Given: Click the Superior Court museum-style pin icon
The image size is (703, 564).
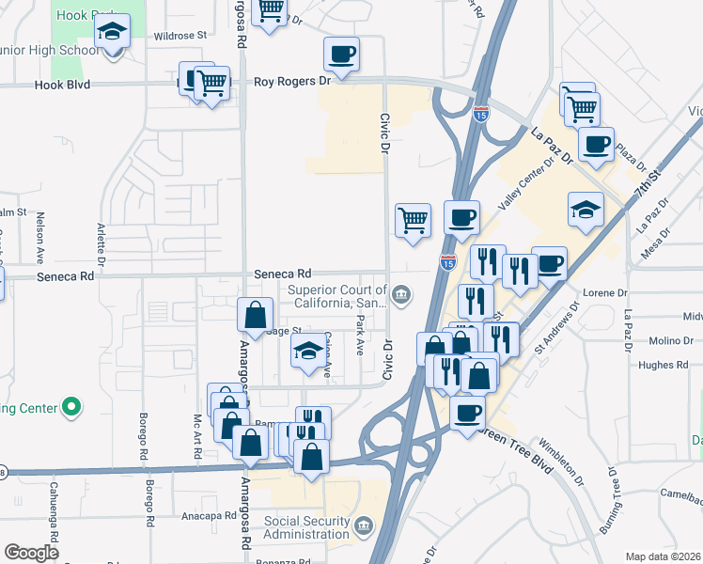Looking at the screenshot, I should [x=401, y=296].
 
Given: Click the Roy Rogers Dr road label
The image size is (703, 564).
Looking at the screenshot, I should [x=293, y=82].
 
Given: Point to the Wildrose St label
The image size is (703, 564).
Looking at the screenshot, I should [x=180, y=35].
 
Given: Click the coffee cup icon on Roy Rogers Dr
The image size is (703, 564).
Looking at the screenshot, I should [x=341, y=54].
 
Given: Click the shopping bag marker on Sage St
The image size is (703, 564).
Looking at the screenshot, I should [x=256, y=316].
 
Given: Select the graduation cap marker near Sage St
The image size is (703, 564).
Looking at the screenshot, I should [x=307, y=354].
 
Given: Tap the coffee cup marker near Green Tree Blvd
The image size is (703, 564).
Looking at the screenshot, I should [x=467, y=412].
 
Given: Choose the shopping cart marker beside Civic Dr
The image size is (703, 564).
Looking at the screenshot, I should [x=413, y=221].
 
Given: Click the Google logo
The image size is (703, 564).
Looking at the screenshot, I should [x=31, y=553].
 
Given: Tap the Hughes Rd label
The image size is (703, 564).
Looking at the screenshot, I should [x=663, y=365].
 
